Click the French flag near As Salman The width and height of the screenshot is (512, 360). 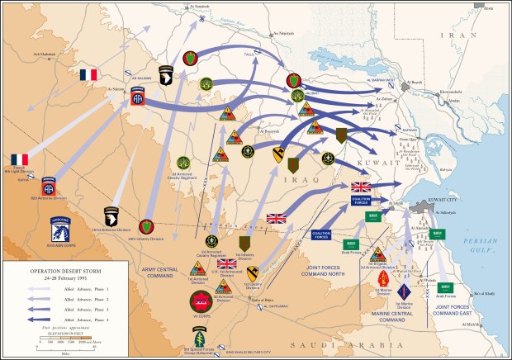[x=88, y=75]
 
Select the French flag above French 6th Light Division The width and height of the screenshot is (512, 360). [x=19, y=159]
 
